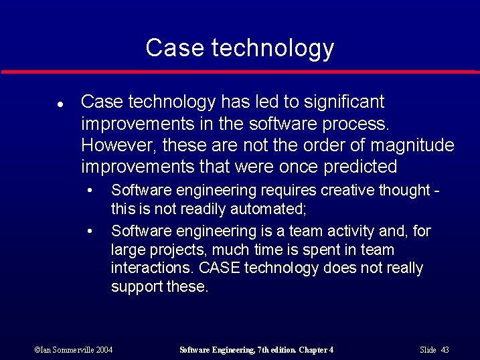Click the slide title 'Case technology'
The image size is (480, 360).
(x=240, y=48)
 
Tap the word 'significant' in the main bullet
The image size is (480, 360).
(x=345, y=102)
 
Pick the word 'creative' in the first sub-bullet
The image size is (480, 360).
(x=348, y=191)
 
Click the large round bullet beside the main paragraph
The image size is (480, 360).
(x=60, y=105)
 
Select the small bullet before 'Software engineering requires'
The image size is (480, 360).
(x=90, y=191)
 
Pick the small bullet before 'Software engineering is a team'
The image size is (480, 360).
(x=90, y=231)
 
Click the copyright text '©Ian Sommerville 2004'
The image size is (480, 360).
(x=74, y=350)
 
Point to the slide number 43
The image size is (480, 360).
(x=445, y=350)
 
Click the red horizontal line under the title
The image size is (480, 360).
(x=240, y=71)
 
